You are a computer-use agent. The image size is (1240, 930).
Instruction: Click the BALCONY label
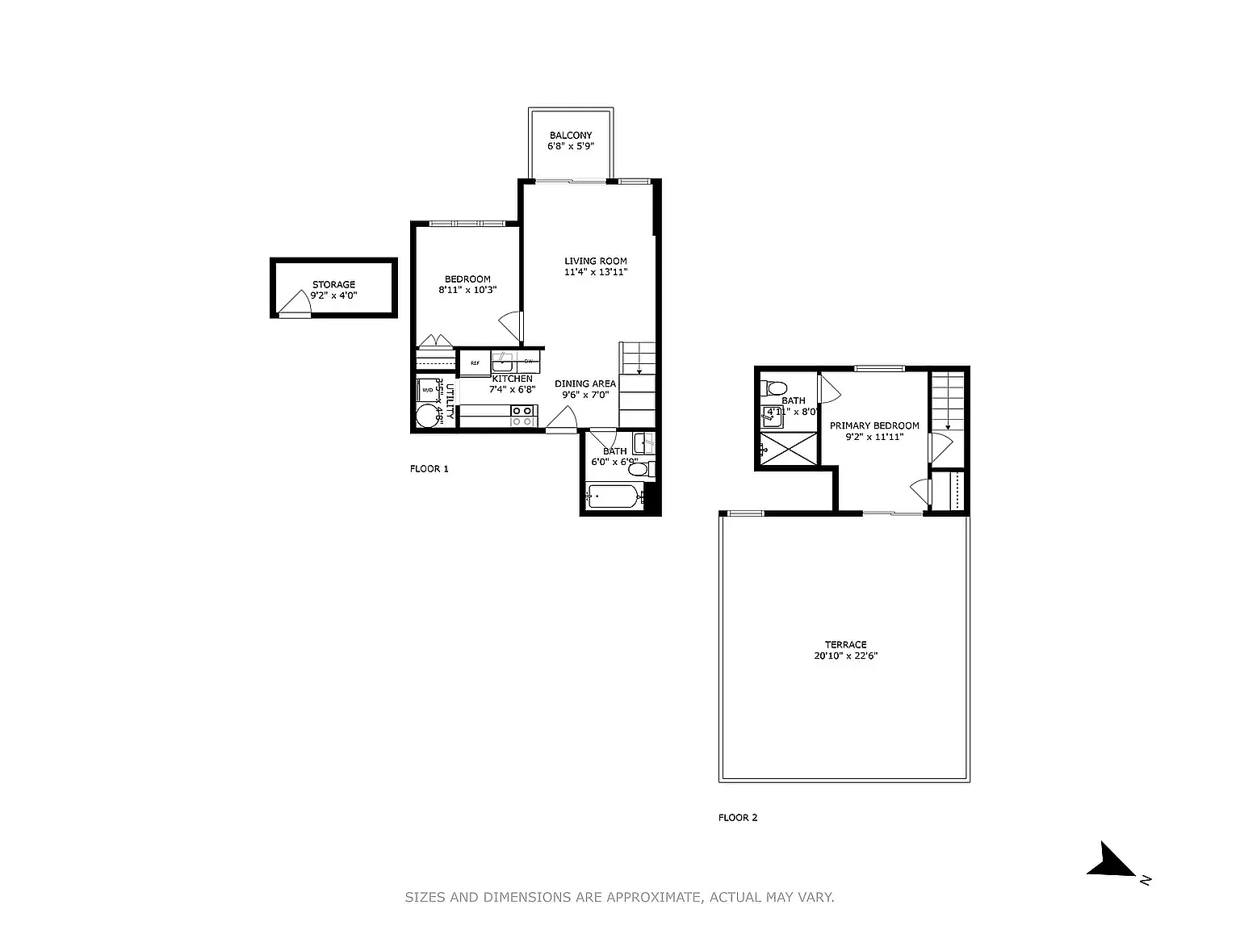571,136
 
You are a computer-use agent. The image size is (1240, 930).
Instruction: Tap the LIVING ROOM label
595,261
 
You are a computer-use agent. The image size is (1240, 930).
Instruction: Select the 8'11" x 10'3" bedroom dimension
467,290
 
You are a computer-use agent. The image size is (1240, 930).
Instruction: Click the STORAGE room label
333,284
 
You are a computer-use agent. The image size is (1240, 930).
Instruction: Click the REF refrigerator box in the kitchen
475,363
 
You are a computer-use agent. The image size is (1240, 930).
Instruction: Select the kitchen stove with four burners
522,415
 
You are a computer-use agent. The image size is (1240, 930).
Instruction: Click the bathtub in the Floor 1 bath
614,496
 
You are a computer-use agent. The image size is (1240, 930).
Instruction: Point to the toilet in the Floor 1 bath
640,468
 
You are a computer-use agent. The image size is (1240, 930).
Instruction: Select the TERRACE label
845,644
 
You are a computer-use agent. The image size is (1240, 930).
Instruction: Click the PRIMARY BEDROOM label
874,425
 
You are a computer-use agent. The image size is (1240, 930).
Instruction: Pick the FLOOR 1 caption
429,469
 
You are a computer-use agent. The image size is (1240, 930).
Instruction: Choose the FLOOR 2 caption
738,818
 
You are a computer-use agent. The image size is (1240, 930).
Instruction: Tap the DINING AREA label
585,383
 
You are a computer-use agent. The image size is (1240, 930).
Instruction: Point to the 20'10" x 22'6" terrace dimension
845,656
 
